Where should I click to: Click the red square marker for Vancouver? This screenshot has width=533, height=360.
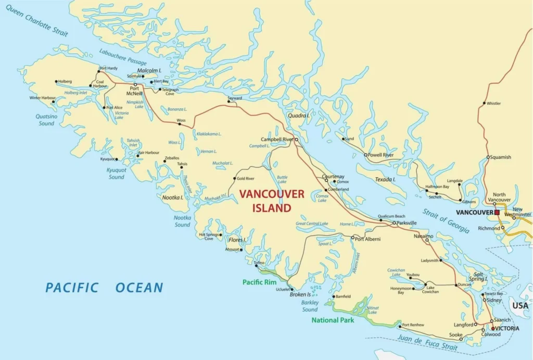(x=497, y=213)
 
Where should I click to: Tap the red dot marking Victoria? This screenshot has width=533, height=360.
(x=493, y=329)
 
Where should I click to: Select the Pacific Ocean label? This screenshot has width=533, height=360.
(x=104, y=288)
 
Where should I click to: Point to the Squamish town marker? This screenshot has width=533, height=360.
(x=488, y=157)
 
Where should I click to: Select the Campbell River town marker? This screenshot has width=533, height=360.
(x=296, y=140)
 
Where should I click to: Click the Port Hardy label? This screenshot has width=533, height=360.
(x=109, y=68)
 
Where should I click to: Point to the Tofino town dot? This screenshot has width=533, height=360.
(x=256, y=266)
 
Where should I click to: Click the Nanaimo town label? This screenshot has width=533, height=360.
(x=423, y=236)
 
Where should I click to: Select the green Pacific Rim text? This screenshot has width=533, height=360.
(x=259, y=282)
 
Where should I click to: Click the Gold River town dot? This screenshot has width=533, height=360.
(x=234, y=179)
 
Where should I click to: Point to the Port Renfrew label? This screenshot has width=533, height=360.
(x=414, y=325)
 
